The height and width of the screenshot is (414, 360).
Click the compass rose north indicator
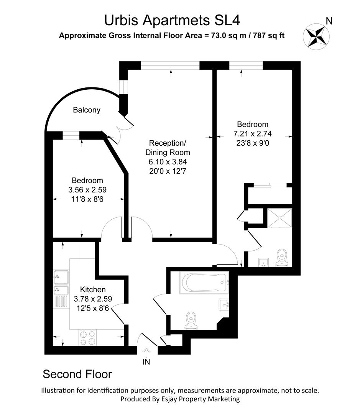pos(317,35)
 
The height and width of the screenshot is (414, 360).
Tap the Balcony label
pos(87,110)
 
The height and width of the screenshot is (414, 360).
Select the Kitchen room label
pos(92,289)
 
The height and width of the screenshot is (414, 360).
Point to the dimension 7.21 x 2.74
pos(252,134)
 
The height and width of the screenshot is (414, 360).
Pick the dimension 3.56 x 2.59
pos(87,190)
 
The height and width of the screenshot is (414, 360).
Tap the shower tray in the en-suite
pos(279,217)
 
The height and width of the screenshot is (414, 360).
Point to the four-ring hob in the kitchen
pos(87,337)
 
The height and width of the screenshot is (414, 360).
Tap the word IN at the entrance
pos(147,361)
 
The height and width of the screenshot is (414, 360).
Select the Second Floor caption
pos(77,374)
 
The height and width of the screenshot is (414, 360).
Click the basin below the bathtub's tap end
pos(224,304)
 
